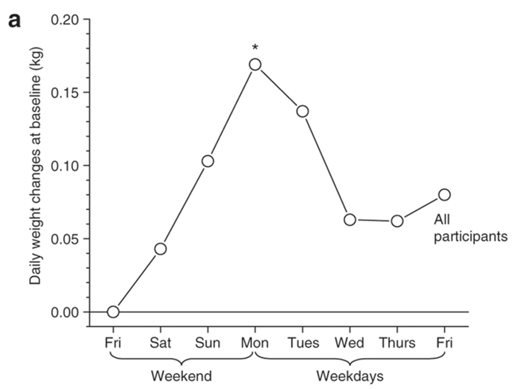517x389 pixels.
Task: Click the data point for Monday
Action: point(255,64)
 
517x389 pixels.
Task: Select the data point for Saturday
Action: point(161,249)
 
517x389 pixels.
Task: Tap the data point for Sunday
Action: point(208,161)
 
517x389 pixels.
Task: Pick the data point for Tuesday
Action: point(302,111)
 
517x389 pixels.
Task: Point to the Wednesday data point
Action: point(349,219)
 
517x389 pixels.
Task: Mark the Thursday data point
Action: point(397,220)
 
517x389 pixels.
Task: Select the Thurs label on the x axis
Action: point(397,343)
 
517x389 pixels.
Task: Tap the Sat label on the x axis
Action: point(161,343)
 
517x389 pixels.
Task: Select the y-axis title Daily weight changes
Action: point(36,162)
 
